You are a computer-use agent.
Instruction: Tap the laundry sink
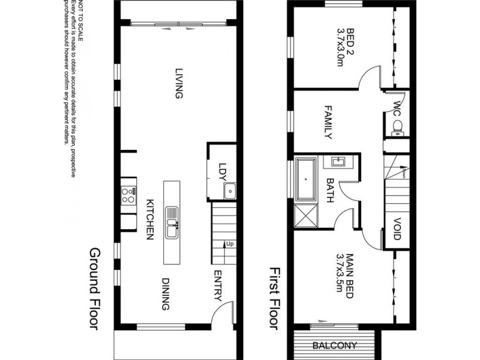pos(230,191)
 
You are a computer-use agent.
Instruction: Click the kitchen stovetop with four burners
pos(128,194)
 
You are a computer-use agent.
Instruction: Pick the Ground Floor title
pos(95,289)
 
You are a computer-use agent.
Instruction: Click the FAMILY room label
pos(328,123)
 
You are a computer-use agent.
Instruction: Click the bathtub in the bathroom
pos(306,178)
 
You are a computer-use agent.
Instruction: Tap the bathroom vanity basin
pos(334,161)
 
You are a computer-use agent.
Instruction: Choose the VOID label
pos(397,229)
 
